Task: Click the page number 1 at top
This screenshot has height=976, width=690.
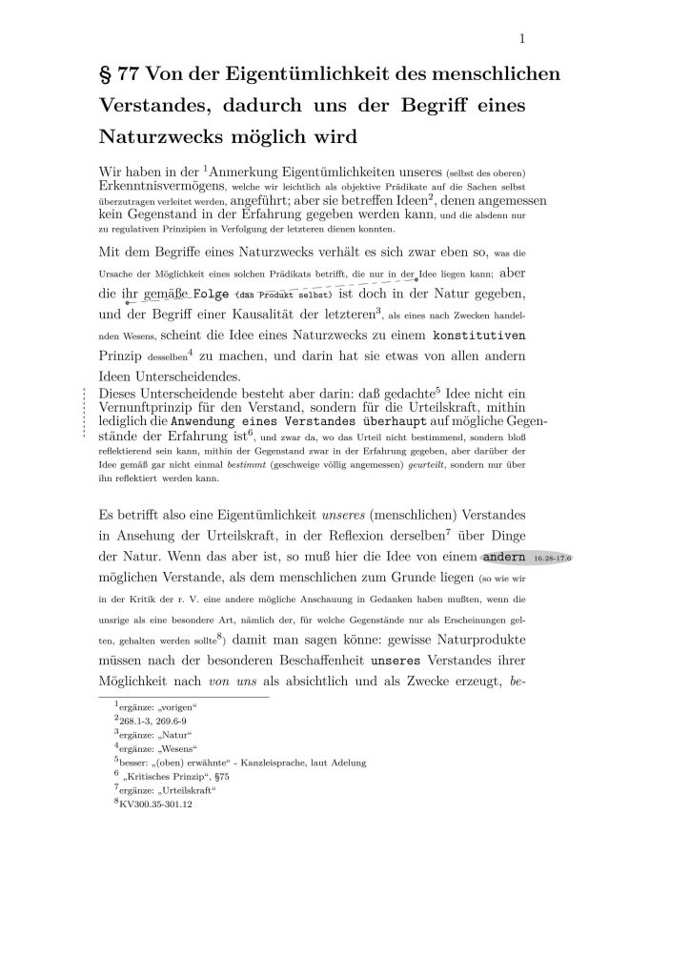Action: (522, 38)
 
